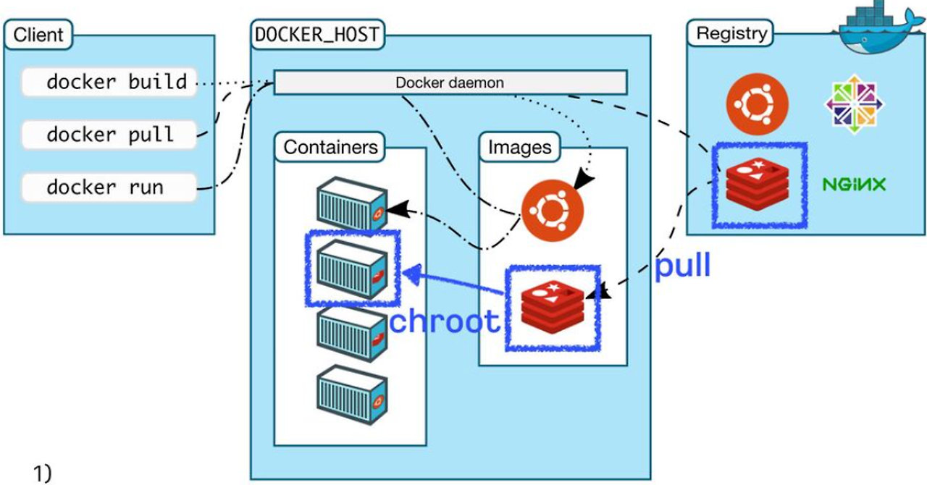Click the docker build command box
[109, 82]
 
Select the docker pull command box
[109, 135]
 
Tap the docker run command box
[109, 187]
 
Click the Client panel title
[38, 34]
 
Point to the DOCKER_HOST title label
[317, 34]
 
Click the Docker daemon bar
[450, 83]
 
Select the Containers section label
[330, 147]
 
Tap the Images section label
[519, 148]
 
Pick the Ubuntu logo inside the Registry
[757, 104]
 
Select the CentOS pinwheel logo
[854, 104]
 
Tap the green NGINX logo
[854, 185]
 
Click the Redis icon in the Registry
[758, 185]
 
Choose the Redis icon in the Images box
[553, 306]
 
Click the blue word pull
[682, 266]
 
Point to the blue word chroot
[444, 321]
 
